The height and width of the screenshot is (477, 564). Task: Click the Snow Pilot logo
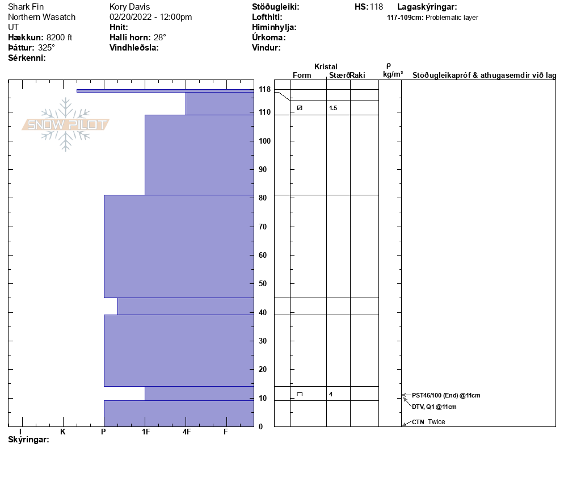[66, 124]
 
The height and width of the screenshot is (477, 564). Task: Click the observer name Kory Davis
[129, 7]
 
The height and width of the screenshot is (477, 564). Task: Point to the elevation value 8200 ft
[59, 37]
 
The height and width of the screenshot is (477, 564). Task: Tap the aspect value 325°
[47, 48]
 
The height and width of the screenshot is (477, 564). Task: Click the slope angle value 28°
[159, 37]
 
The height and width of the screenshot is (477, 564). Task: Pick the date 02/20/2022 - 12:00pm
[150, 17]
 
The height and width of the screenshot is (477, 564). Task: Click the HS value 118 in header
[376, 7]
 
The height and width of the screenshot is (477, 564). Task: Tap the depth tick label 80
[263, 198]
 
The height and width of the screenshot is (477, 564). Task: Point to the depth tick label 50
[263, 284]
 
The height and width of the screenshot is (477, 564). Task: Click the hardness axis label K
[63, 432]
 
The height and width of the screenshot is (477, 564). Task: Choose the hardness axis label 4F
[187, 432]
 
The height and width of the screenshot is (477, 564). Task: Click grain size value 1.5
[333, 108]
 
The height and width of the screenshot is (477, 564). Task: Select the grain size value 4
[331, 394]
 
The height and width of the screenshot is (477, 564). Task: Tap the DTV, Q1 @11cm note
[434, 407]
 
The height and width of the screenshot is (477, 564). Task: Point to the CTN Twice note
[428, 422]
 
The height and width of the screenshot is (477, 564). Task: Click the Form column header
[302, 75]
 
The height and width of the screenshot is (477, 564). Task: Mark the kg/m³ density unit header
[393, 74]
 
